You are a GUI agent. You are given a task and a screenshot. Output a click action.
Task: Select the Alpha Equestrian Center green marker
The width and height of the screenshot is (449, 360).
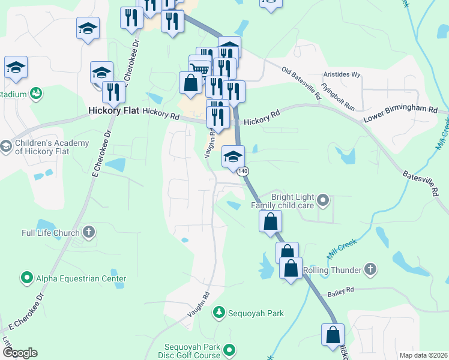click(26, 278)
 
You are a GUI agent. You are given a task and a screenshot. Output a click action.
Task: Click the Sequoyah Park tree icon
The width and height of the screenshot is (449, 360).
click(220, 313)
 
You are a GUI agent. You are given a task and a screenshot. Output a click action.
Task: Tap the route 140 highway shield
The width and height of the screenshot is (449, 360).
click(243, 172)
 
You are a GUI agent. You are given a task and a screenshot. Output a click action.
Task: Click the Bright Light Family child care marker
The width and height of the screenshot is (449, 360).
click(323, 199)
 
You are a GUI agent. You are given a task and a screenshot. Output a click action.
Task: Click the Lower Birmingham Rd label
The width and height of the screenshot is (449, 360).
click(400, 113)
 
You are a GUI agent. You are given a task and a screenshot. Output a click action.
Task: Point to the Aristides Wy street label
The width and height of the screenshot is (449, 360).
click(342, 75)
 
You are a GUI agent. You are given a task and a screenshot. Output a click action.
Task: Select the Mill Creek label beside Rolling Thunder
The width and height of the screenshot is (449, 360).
click(342, 249)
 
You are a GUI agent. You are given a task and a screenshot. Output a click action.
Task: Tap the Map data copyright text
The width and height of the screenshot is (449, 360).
click(423, 355)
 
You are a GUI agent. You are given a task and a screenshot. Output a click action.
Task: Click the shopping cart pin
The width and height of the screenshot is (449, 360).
click(200, 69)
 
